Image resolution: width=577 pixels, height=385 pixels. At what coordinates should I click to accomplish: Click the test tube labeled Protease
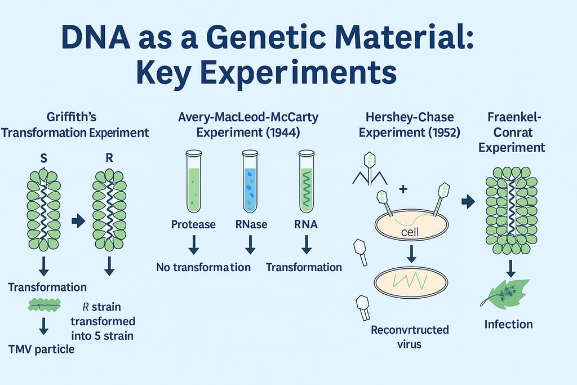(193, 180)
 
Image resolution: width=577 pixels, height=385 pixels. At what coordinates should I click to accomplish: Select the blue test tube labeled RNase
(250, 180)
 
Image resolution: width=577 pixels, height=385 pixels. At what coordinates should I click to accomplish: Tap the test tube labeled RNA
(307, 180)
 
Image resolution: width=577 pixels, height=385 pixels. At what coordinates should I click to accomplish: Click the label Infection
(509, 324)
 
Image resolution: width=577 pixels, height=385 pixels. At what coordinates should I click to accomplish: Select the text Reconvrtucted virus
(410, 336)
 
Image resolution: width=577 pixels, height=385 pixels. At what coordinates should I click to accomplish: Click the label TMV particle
(41, 349)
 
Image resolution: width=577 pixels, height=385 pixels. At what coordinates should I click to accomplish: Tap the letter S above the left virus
(44, 159)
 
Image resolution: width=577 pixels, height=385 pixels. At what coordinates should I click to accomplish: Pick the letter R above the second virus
(109, 158)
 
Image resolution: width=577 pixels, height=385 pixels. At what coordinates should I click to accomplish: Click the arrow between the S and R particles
(78, 221)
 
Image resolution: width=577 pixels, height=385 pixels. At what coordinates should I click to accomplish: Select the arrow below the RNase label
(250, 245)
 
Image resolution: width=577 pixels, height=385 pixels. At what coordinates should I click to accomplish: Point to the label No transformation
(203, 267)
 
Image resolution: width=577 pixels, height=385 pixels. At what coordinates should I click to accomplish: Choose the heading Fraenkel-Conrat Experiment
(517, 132)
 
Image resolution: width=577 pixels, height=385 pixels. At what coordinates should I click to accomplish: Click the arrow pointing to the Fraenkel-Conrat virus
(468, 201)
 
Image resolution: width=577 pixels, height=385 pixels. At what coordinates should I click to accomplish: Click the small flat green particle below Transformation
(44, 306)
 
